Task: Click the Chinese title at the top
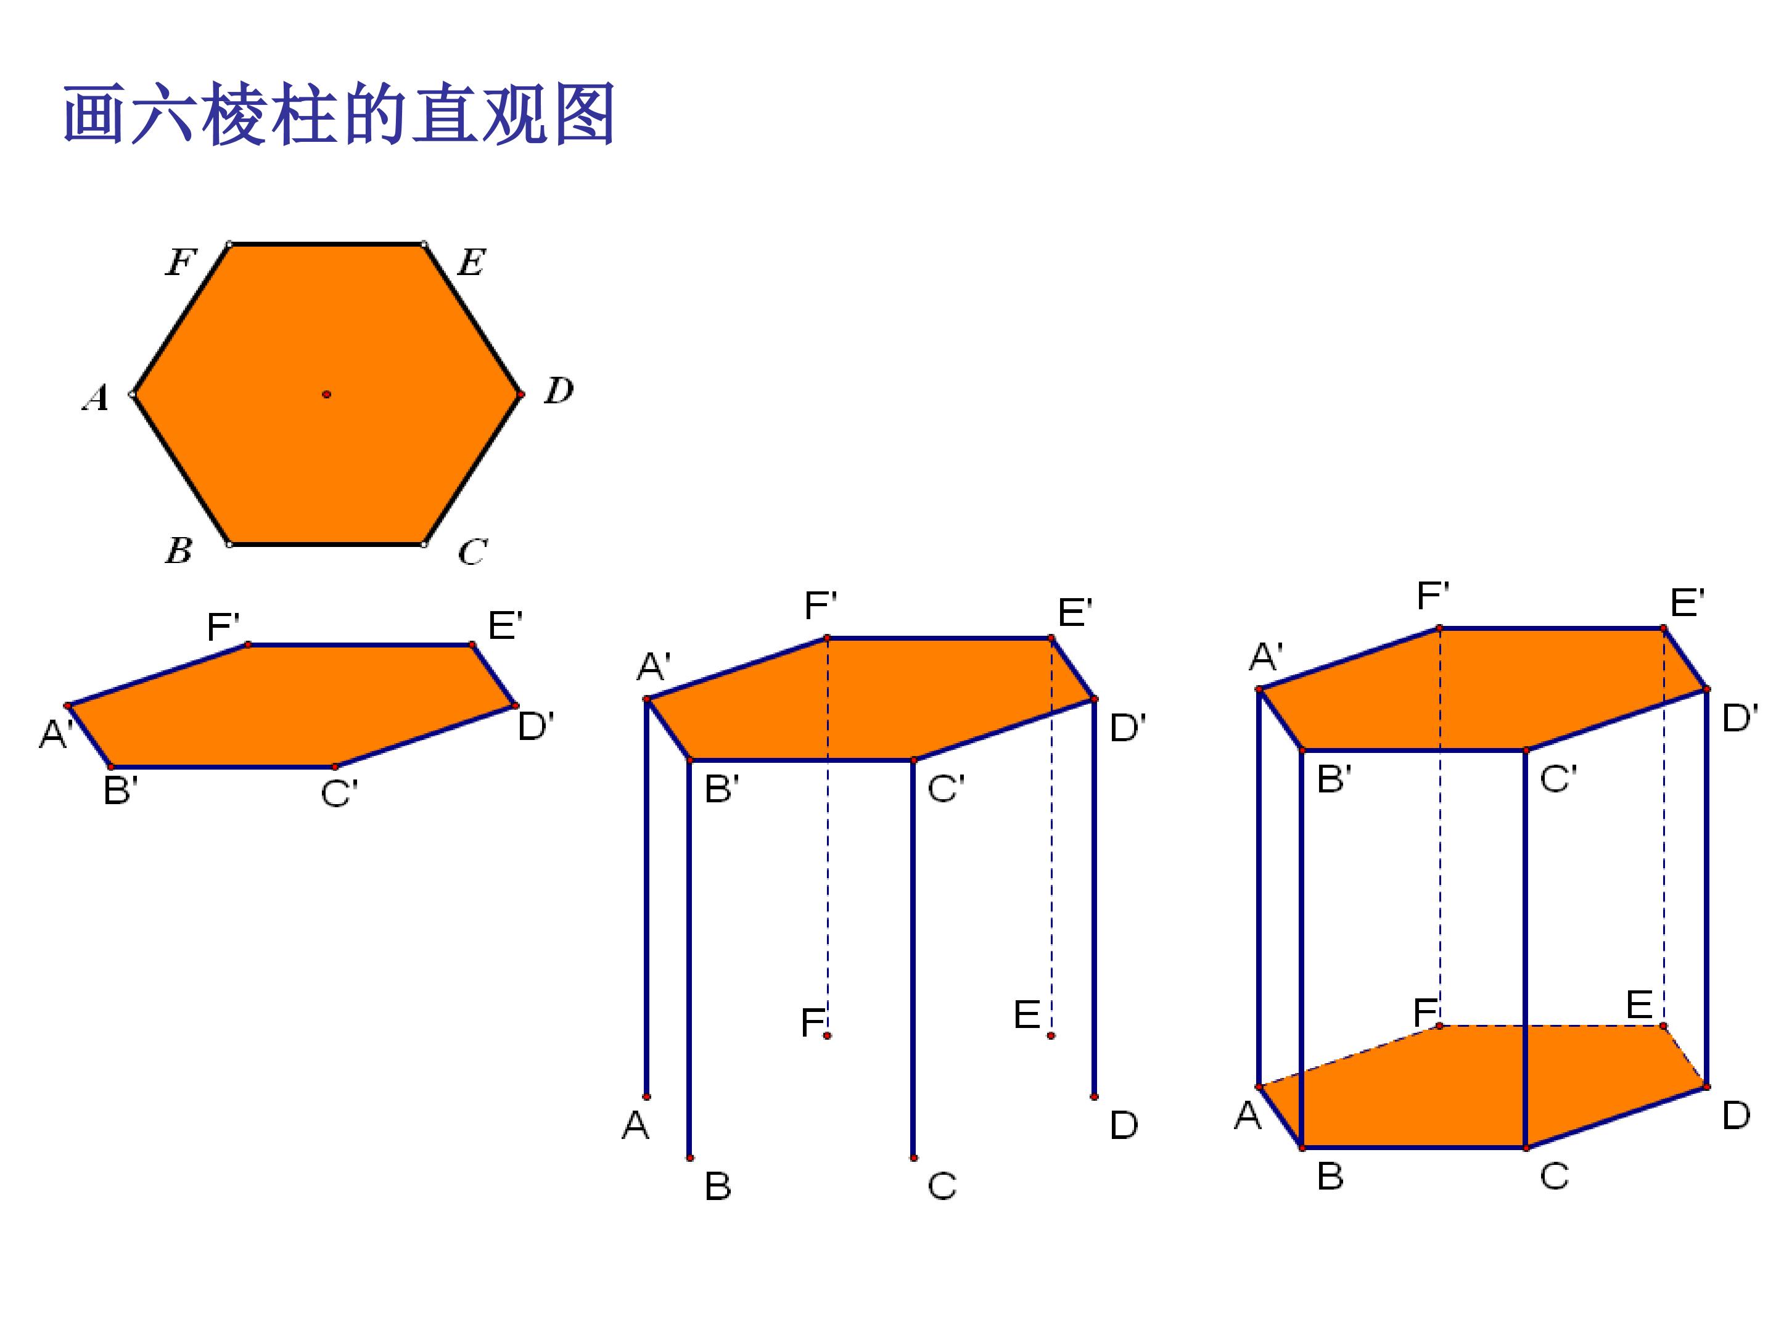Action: click(340, 114)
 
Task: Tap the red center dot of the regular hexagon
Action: click(327, 394)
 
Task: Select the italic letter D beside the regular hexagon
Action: click(559, 390)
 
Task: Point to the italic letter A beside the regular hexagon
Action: click(96, 397)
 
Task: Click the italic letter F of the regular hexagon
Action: click(181, 261)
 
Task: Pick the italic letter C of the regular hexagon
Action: click(472, 551)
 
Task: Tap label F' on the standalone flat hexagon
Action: click(223, 627)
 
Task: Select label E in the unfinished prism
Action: click(1027, 1015)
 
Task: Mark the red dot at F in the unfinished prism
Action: click(828, 1036)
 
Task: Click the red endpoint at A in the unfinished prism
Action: click(646, 1097)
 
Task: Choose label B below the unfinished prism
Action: click(718, 1186)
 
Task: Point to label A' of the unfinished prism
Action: click(654, 667)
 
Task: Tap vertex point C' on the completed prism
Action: click(1526, 750)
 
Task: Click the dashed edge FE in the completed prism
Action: click(1551, 1026)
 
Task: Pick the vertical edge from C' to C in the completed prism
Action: click(1526, 949)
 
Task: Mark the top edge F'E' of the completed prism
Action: click(1551, 628)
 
